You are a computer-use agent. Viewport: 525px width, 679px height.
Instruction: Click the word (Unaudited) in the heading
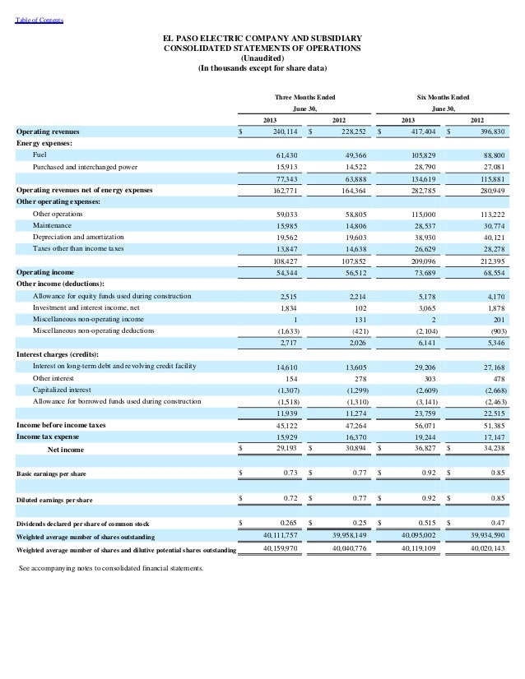pos(262,58)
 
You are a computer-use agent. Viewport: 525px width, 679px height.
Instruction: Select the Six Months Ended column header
pos(443,97)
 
